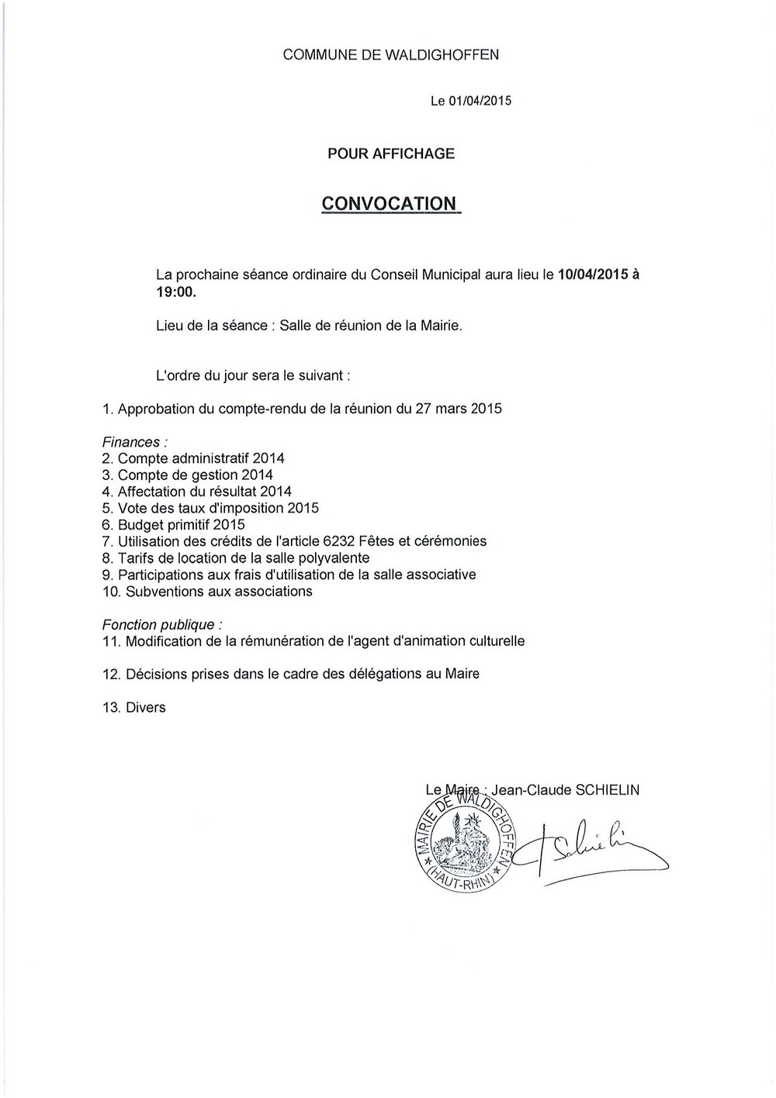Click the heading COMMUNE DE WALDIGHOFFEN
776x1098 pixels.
pos(390,54)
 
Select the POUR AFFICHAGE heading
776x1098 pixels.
pos(390,154)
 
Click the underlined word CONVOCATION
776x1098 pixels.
pos(389,203)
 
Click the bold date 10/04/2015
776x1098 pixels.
pos(592,274)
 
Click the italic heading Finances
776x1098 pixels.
pos(133,442)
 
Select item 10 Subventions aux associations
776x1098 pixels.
pos(207,592)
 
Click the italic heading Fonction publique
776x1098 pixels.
pos(161,624)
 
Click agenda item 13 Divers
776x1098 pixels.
pos(134,707)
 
